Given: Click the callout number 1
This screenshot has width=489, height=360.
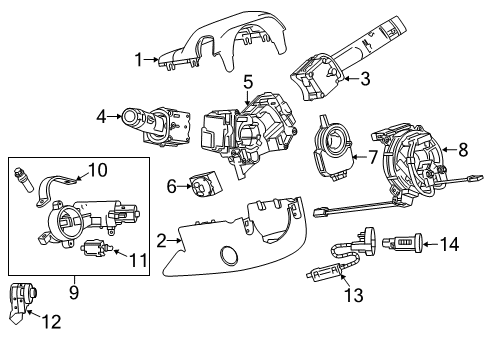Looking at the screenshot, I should [140, 59].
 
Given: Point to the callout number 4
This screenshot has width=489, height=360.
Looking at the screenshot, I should [102, 116].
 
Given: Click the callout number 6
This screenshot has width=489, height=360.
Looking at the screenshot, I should [170, 184].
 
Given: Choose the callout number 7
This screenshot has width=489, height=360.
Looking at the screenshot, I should [373, 157].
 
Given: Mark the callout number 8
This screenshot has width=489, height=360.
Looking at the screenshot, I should [461, 151].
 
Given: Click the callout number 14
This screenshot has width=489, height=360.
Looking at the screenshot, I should [452, 242].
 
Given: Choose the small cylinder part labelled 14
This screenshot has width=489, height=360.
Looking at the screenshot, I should [409, 242].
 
